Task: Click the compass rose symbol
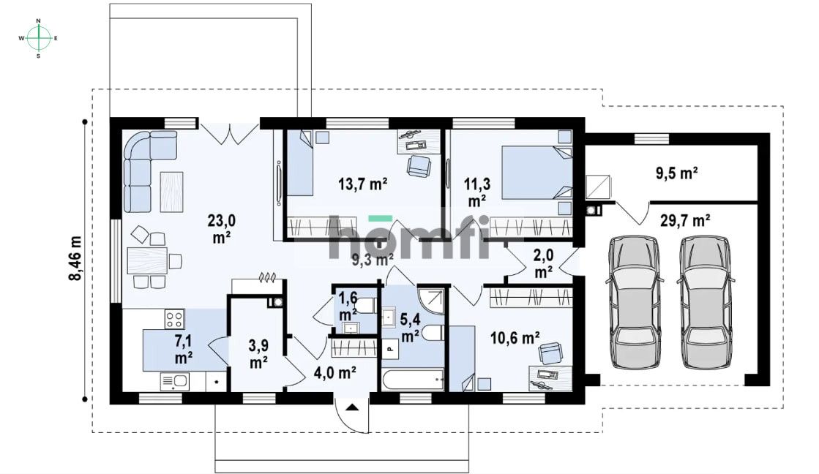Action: [38, 38]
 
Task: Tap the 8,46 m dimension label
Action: [75, 258]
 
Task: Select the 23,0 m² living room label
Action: [222, 229]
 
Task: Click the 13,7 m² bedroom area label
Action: [362, 184]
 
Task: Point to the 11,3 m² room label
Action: [477, 192]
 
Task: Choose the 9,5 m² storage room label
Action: [677, 173]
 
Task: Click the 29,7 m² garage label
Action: [685, 220]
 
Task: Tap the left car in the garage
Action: [635, 301]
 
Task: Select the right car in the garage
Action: [706, 301]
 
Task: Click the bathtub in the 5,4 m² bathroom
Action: [413, 380]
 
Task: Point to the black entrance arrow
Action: [352, 407]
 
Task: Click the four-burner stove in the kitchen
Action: [174, 318]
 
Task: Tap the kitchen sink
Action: [174, 382]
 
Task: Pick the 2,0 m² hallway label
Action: [543, 263]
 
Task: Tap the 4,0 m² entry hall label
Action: [334, 373]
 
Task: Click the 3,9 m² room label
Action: [258, 353]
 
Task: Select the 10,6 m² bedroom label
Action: [515, 338]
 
